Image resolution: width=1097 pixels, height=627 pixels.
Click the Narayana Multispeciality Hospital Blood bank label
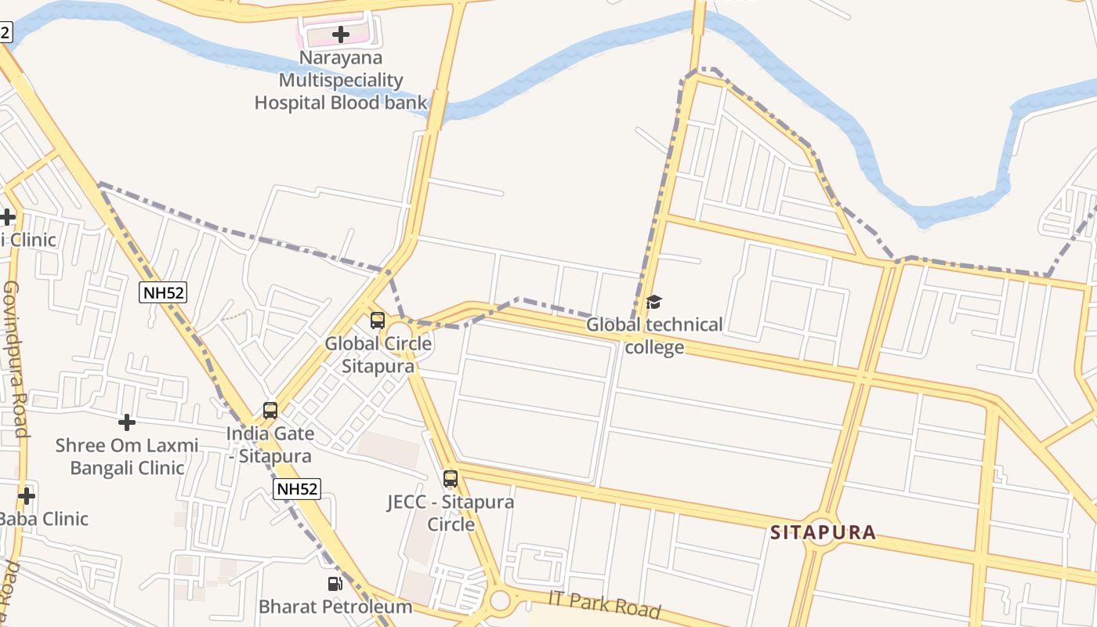point(341,80)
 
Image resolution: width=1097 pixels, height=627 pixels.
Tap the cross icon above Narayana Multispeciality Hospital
point(340,34)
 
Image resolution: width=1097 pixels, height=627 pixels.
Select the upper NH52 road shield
point(163,293)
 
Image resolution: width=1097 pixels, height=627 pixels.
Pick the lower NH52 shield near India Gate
point(297,490)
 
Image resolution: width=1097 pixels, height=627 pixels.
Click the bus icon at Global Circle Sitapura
point(378,320)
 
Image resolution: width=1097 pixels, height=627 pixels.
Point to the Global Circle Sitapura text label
point(378,355)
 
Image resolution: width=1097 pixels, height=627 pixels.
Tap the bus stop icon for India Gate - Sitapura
point(270,410)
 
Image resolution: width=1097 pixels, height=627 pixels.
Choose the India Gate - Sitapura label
point(270,444)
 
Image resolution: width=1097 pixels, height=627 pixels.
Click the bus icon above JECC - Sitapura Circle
point(451,478)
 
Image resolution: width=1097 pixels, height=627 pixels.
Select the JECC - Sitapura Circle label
point(451,513)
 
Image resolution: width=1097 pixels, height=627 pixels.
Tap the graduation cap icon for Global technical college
point(653,302)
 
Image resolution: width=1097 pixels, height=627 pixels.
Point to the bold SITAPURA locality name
point(823,533)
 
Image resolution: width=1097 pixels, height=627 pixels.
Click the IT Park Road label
point(605,604)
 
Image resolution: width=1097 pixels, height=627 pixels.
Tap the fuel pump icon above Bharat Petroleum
point(335,584)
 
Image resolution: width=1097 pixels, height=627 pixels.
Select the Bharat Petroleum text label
point(335,607)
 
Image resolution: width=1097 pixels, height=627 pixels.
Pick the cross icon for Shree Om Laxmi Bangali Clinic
point(127,422)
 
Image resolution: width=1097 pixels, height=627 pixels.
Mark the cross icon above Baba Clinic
point(27,495)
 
